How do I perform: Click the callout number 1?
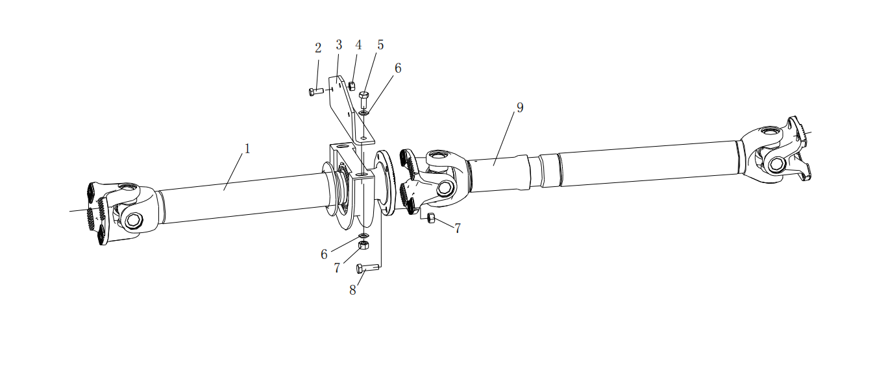click(247, 149)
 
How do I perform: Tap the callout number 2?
click(318, 48)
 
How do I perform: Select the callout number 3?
click(339, 45)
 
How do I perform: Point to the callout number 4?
click(358, 45)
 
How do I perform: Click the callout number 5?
click(380, 45)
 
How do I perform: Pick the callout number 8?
click(352, 290)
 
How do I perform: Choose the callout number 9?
click(520, 108)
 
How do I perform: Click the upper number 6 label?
click(398, 68)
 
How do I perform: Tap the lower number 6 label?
click(324, 254)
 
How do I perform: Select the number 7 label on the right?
click(458, 228)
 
